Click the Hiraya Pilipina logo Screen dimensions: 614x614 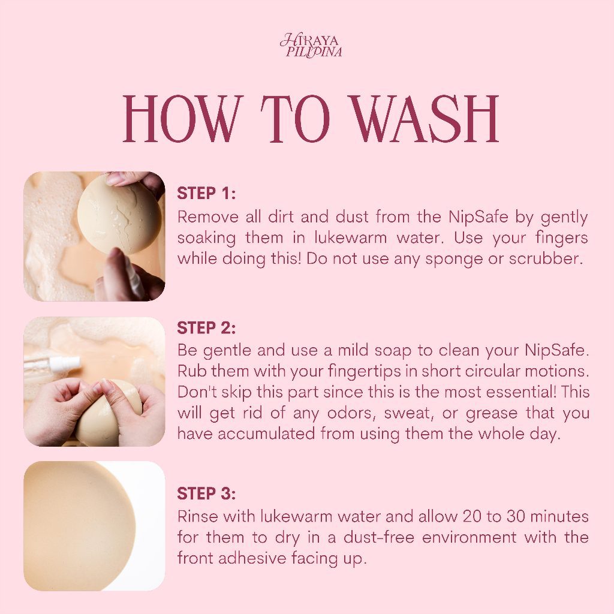coord(311,46)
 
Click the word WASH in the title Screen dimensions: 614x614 coord(426,119)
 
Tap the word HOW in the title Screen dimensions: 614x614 coord(180,119)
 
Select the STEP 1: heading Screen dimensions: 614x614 coord(206,194)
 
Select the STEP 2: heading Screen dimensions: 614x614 coord(206,328)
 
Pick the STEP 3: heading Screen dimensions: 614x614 coord(206,494)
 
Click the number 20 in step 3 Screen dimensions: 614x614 coord(472,516)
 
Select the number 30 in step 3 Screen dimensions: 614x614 coord(516,516)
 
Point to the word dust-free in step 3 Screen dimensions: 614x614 coord(379,537)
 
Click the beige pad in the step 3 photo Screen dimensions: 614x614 coord(79,525)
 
